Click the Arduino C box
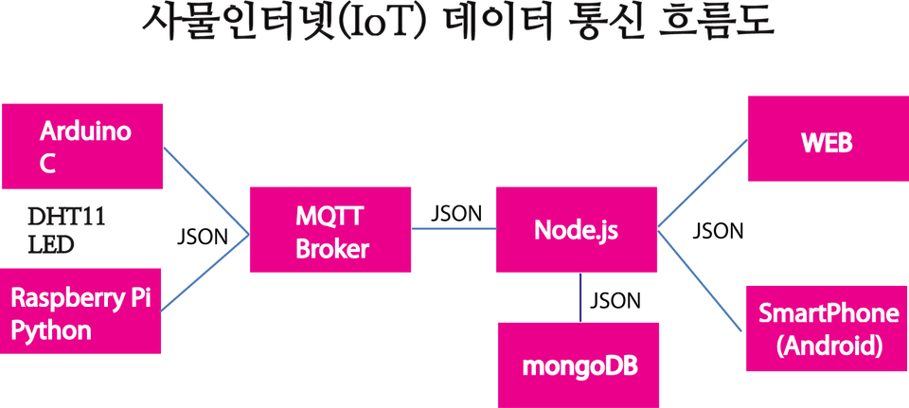[82, 146]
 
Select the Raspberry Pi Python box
[80, 311]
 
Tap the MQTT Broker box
[330, 229]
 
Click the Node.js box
[577, 229]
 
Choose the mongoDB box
[579, 365]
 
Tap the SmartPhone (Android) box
[828, 328]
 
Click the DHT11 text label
[66, 218]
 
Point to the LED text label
[51, 245]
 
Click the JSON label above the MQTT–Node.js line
[456, 213]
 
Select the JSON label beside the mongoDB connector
[615, 301]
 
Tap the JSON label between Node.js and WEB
[719, 231]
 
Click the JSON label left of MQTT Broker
[203, 238]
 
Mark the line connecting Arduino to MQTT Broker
[206, 190]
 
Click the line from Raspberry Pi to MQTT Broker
[205, 273]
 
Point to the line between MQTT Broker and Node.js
[454, 228]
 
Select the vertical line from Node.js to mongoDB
[580, 297]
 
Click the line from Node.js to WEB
[703, 183]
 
